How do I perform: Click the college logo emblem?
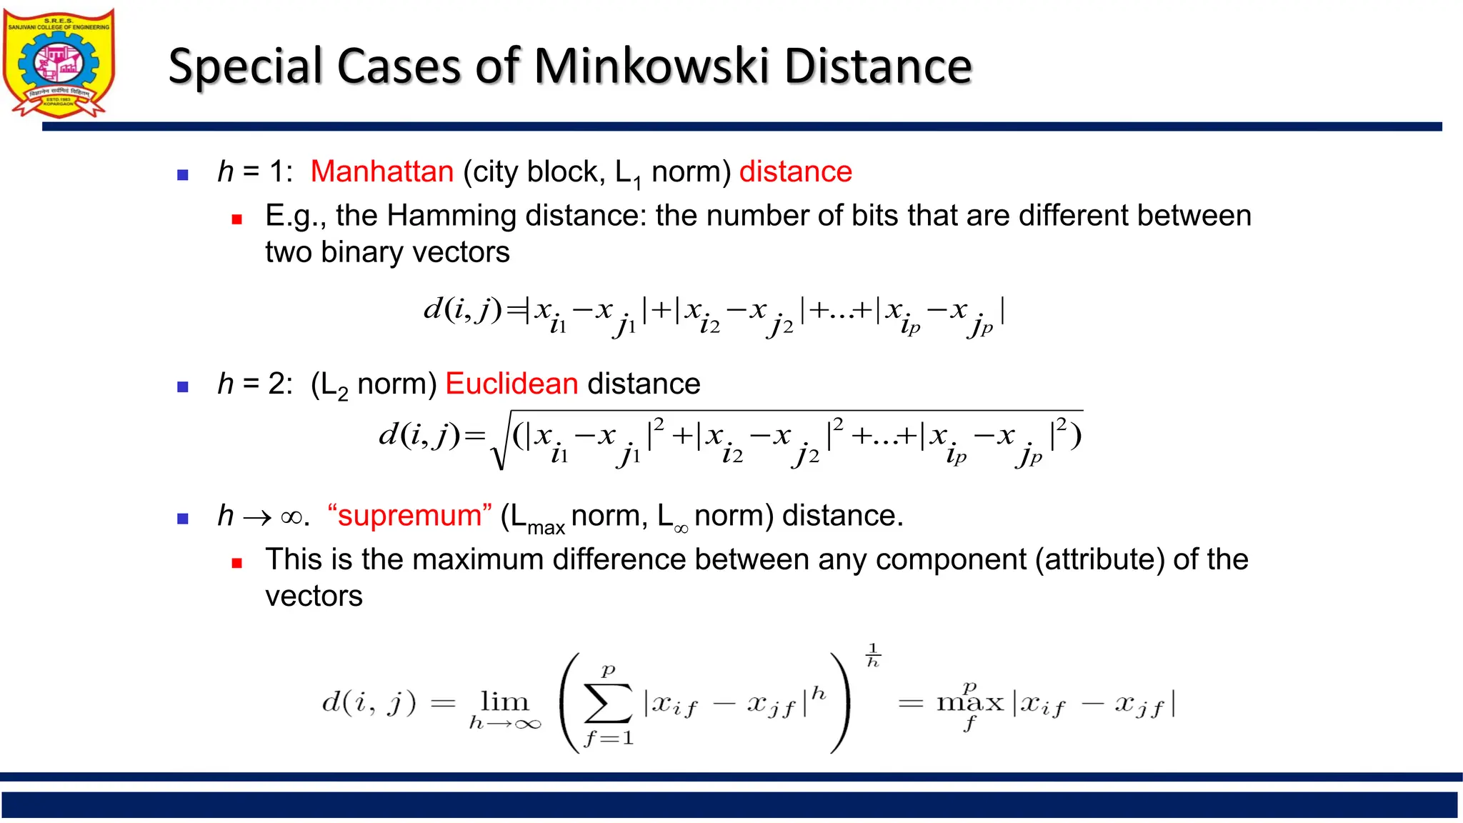59,63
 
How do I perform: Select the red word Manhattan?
382,172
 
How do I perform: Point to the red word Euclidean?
511,384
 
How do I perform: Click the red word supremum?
409,516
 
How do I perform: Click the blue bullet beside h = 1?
183,174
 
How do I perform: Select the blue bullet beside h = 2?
183,387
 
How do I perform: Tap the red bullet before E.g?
237,219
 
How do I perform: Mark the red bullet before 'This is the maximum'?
237,563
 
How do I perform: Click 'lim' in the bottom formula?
504,702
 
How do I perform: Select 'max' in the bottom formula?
969,703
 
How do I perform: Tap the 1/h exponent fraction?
873,655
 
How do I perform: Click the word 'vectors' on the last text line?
314,597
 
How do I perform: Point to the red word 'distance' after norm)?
795,172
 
